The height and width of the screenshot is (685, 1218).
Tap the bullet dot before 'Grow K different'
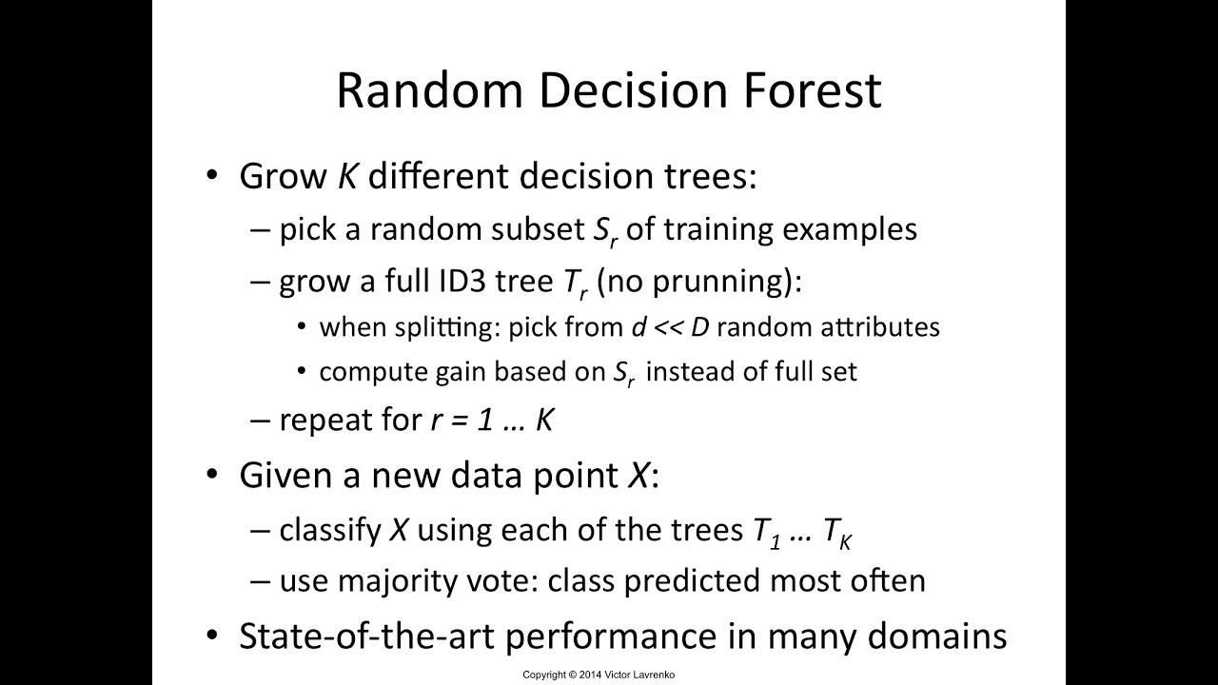coord(212,177)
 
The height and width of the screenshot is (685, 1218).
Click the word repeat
coord(324,421)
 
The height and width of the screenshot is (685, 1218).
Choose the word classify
coord(329,530)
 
